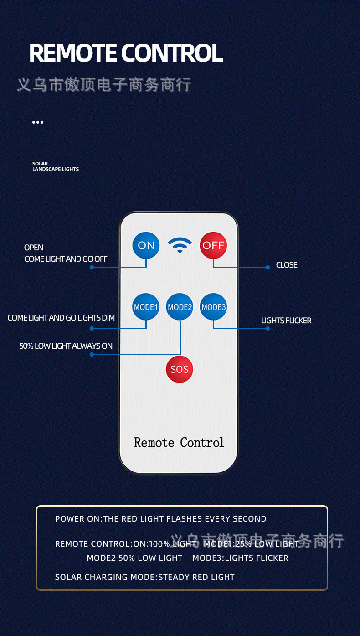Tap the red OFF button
(213, 245)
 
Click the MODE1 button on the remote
(146, 307)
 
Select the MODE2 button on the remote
(180, 307)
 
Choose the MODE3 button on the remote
(213, 307)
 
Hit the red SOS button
(180, 369)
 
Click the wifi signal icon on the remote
(180, 245)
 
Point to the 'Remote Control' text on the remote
(179, 442)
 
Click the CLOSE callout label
(287, 265)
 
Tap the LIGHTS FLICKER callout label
(286, 321)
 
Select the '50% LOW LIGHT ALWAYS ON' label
(66, 346)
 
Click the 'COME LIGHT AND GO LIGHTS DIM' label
(61, 318)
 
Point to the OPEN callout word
(34, 248)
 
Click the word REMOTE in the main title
(73, 53)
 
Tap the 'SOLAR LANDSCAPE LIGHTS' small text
(55, 166)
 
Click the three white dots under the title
(38, 122)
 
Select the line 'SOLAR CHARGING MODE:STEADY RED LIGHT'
(144, 577)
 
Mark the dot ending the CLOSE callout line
(267, 267)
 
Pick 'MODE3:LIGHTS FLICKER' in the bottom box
(240, 558)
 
